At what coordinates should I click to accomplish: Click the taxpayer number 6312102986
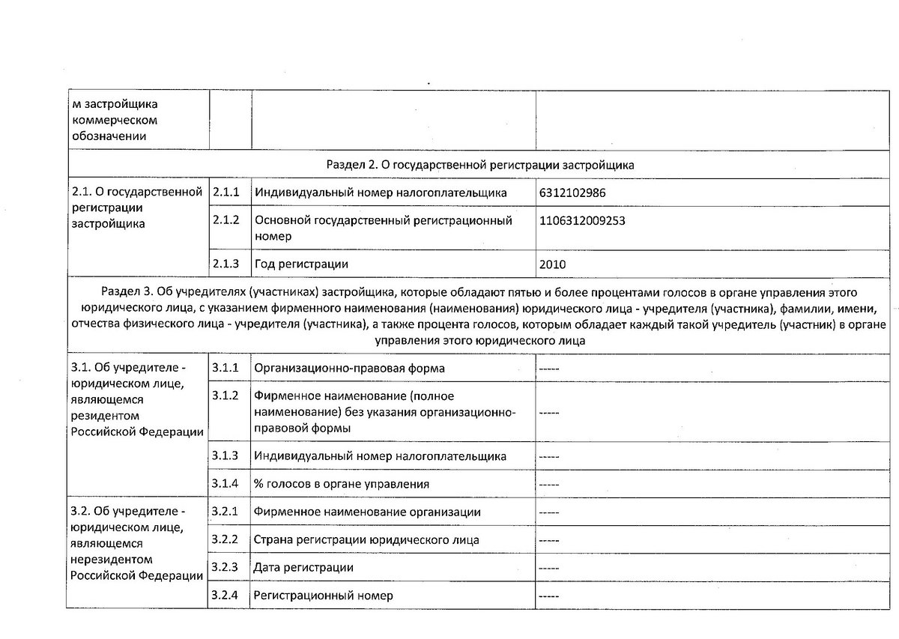[x=572, y=193]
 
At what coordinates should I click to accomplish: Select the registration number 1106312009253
[x=581, y=221]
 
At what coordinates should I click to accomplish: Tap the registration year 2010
[x=552, y=264]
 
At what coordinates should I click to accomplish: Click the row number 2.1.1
[x=226, y=193]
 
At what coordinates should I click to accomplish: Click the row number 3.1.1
[x=225, y=368]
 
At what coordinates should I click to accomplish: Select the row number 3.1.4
[x=225, y=483]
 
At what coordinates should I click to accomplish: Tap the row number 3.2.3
[x=225, y=567]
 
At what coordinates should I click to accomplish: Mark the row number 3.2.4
[x=225, y=596]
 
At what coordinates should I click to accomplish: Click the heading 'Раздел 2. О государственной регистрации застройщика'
[x=481, y=164]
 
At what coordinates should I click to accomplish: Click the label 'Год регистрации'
[x=301, y=264]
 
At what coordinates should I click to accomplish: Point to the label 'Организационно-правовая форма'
[x=350, y=369]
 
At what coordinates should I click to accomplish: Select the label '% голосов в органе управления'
[x=342, y=484]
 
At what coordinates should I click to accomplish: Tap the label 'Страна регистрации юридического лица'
[x=366, y=539]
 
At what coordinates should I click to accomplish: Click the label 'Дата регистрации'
[x=303, y=568]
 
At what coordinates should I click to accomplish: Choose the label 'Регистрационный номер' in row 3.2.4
[x=323, y=596]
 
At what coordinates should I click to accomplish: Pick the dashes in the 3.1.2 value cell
[x=549, y=412]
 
